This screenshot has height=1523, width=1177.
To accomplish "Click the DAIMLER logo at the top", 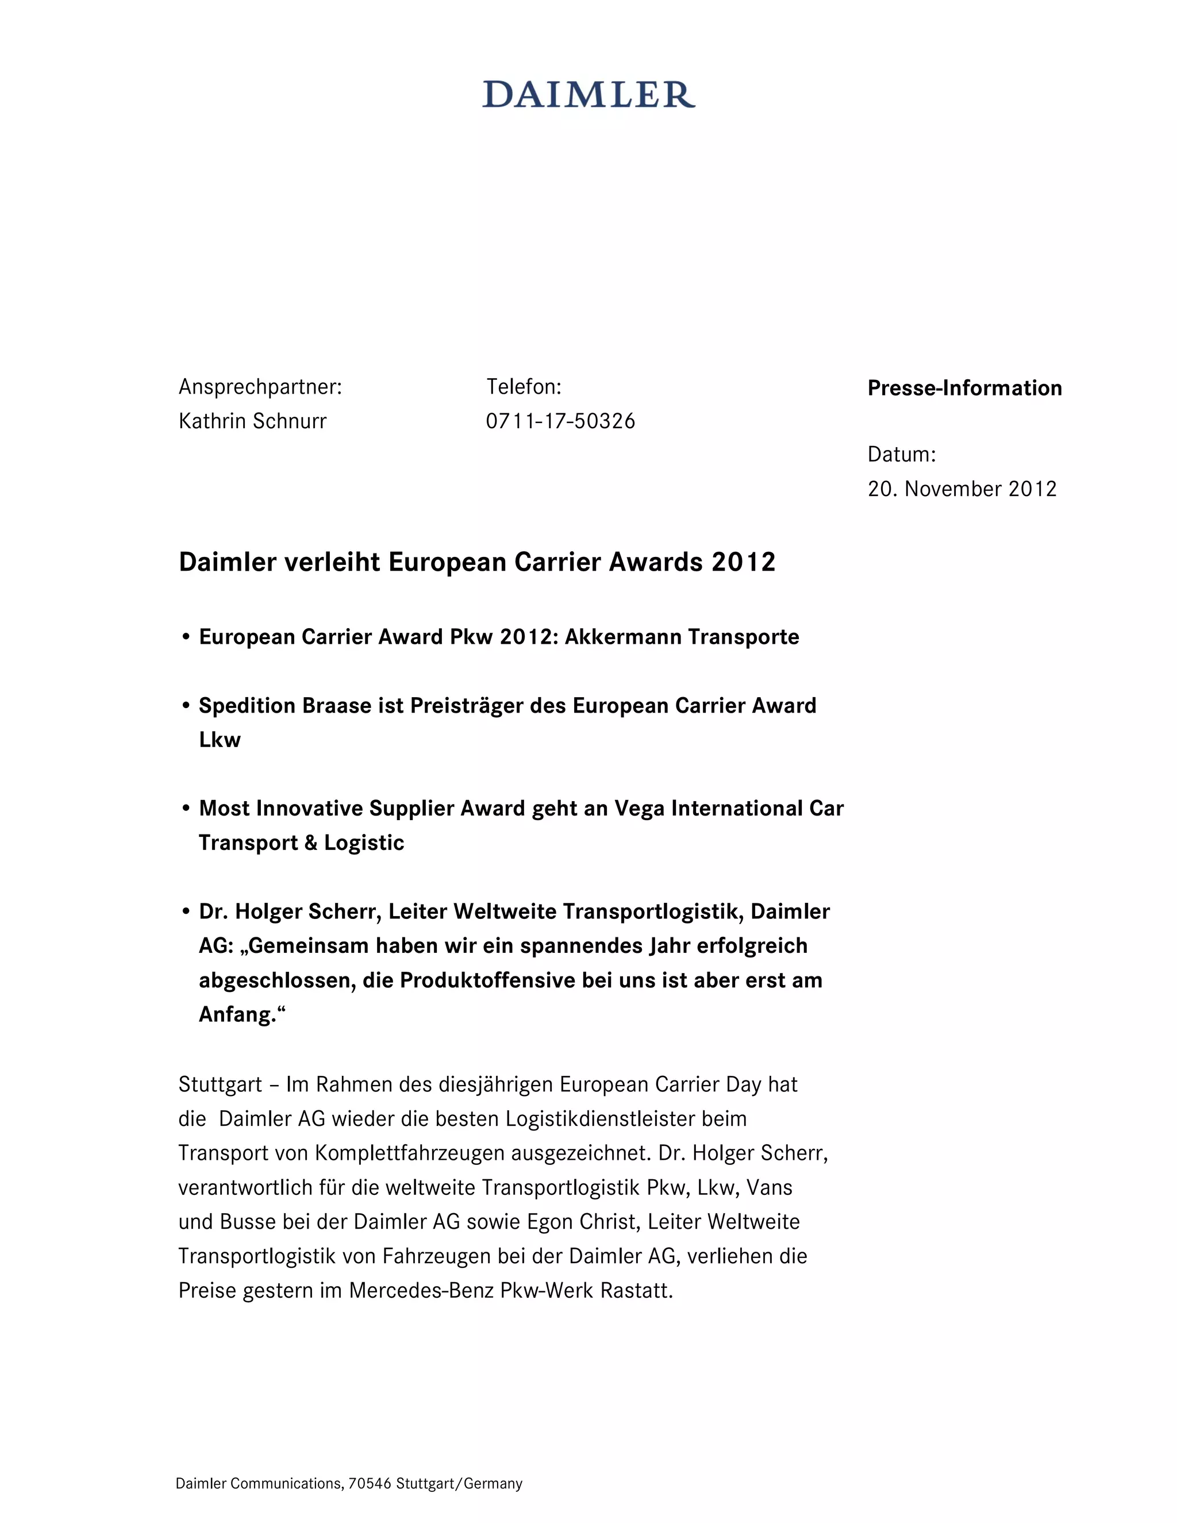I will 588,95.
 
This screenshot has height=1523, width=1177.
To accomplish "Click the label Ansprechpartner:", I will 260,386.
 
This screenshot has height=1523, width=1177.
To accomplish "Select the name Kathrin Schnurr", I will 252,421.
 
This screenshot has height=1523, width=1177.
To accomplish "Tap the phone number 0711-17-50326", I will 560,421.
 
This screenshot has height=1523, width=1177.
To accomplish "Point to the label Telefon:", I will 524,386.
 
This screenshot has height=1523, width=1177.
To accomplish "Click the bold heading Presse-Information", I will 964,389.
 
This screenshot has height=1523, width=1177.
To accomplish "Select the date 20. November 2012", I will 961,489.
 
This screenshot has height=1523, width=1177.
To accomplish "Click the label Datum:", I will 902,455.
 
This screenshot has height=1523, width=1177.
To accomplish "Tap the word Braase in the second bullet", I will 337,706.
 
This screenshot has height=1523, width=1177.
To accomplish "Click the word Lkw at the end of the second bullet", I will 220,740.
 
